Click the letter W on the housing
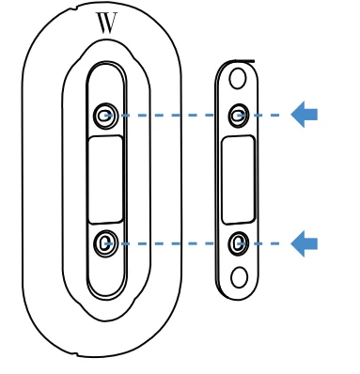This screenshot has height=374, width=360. pyautogui.click(x=107, y=23)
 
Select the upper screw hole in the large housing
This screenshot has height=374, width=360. pyautogui.click(x=103, y=116)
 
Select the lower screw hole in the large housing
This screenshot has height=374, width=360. pyautogui.click(x=103, y=243)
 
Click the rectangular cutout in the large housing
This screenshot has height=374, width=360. pyautogui.click(x=105, y=179)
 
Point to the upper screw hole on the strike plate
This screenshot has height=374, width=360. pyautogui.click(x=239, y=115)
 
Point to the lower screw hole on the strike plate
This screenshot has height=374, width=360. pyautogui.click(x=239, y=243)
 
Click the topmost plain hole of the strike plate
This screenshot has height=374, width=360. pyautogui.click(x=238, y=75)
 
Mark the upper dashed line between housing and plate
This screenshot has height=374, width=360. pyautogui.click(x=169, y=116)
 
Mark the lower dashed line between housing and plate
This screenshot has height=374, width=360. pyautogui.click(x=169, y=243)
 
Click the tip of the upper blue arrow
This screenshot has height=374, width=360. pyautogui.click(x=292, y=115)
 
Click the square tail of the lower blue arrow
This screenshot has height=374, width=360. pyautogui.click(x=312, y=243)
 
